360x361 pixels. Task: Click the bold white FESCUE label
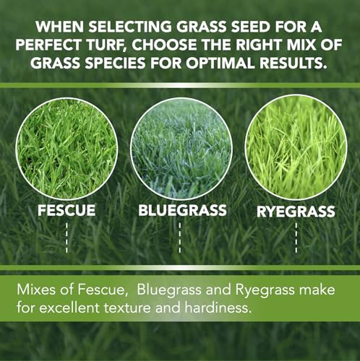[x=67, y=213]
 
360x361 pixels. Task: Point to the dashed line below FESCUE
[x=67, y=238]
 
